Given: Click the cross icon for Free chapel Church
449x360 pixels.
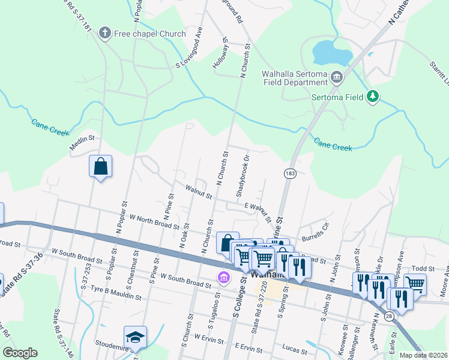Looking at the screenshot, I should (x=106, y=33).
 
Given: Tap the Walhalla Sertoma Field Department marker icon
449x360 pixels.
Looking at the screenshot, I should (x=336, y=77).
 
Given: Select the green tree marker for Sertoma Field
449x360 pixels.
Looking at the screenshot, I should (x=373, y=96).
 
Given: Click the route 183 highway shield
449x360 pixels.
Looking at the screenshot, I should (x=290, y=173).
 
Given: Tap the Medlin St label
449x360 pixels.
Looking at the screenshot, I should (x=83, y=137).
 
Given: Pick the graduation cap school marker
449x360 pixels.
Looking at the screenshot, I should (x=135, y=338).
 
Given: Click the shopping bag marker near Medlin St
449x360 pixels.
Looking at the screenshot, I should (x=100, y=166).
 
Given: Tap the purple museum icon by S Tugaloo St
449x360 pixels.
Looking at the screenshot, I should (x=223, y=277).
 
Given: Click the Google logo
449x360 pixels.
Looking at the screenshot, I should (x=20, y=353).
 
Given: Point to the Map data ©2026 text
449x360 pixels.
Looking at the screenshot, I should (x=423, y=355).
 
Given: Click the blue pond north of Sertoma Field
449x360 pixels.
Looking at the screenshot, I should (x=331, y=53).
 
